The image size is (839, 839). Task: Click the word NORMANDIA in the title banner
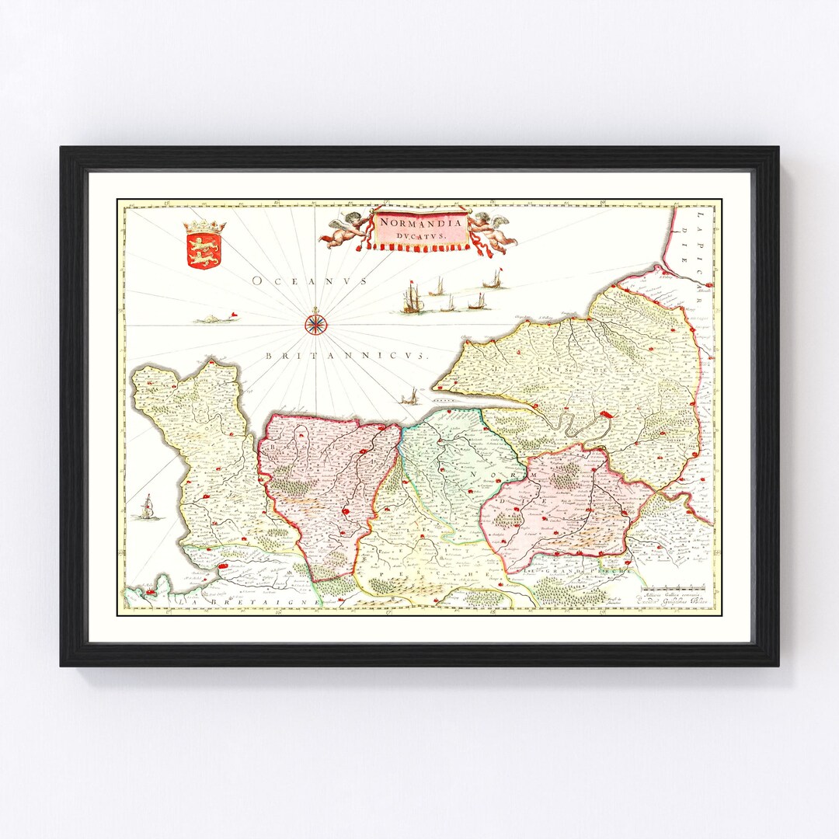[420, 222]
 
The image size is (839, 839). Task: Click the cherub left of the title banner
[346, 228]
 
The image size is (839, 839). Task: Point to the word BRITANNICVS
[346, 355]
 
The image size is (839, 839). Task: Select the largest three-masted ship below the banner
[412, 298]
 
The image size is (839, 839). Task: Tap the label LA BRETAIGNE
[246, 602]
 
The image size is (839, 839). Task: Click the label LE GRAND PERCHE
[576, 573]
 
